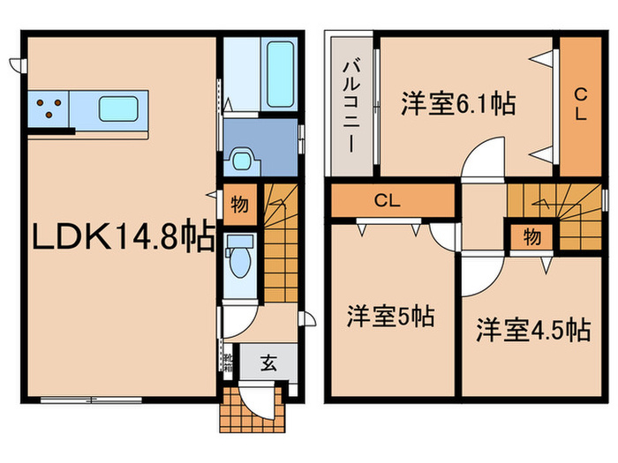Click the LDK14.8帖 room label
tap(123, 237)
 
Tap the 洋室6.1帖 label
tap(458, 104)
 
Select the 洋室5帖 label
tap(390, 316)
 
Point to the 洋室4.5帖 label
tap(533, 330)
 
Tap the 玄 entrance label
tap(268, 362)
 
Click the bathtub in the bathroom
tap(280, 74)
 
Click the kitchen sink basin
tap(118, 108)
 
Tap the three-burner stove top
tap(49, 108)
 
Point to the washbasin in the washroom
tap(241, 159)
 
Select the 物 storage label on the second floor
tap(532, 237)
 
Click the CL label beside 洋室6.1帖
tap(580, 104)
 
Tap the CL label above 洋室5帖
tap(387, 201)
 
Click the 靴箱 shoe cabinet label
tap(228, 363)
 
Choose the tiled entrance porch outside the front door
tap(252, 409)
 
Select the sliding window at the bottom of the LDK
tap(91, 400)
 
